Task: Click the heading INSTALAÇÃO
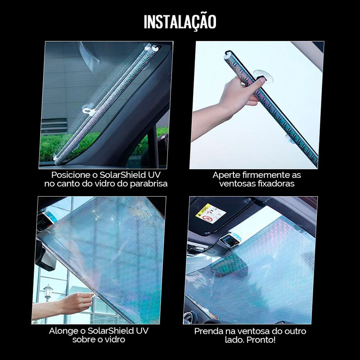(x=180, y=22)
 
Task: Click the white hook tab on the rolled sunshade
(x=88, y=110)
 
